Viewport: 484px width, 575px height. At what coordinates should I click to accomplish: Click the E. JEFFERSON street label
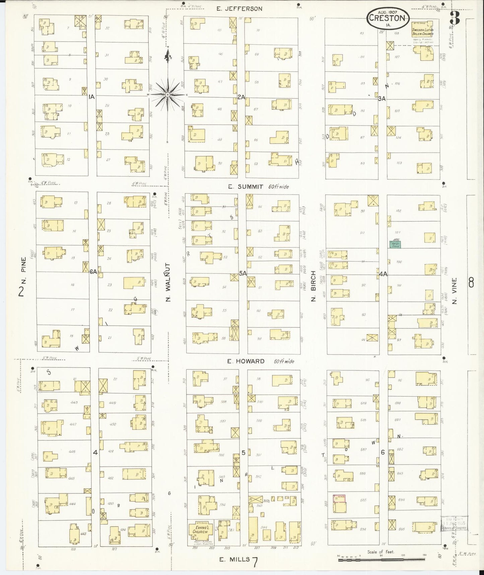(239, 9)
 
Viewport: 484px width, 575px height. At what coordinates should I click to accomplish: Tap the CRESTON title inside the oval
(388, 18)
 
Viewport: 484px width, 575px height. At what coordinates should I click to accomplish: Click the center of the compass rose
(167, 95)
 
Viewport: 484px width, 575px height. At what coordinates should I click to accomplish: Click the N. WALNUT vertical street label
(168, 282)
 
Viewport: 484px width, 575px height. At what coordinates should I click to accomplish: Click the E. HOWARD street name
(246, 361)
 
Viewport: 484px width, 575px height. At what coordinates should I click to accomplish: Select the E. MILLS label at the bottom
(234, 559)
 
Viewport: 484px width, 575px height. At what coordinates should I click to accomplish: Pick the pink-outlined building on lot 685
(339, 498)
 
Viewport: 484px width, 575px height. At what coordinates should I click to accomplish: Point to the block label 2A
(241, 97)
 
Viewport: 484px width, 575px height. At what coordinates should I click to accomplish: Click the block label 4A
(383, 274)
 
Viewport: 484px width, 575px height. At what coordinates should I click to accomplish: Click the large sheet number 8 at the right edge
(471, 284)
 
